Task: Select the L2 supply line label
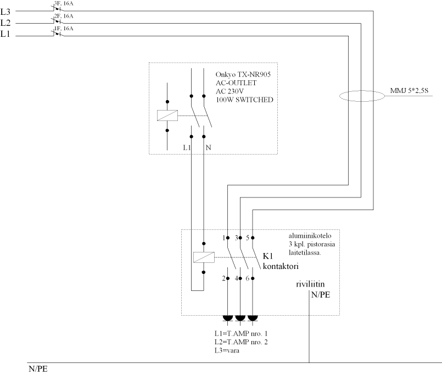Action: point(5,23)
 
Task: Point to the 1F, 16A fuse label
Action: point(63,28)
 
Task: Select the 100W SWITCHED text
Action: point(244,99)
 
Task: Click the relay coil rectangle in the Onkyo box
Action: point(167,116)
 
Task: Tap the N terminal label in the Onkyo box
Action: point(208,148)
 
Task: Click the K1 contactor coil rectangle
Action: point(204,257)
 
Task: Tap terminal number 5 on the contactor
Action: point(247,238)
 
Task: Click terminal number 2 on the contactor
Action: point(223,279)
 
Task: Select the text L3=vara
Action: point(231,350)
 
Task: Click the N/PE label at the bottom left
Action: point(38,369)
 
